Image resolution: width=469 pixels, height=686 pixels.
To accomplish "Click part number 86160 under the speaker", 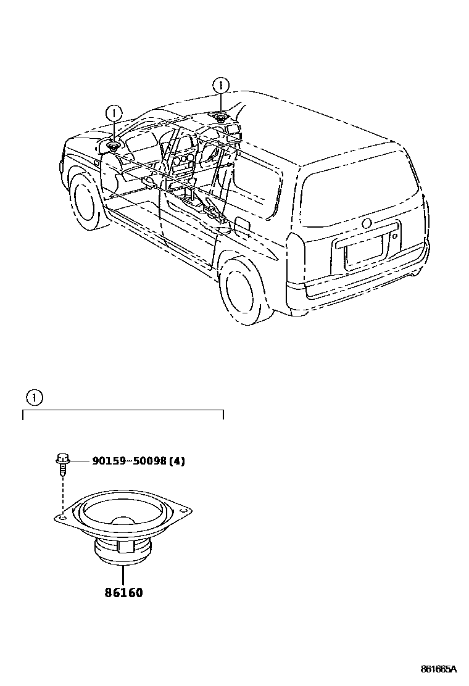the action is (x=123, y=593).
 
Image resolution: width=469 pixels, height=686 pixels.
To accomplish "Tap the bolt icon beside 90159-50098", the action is (x=62, y=463).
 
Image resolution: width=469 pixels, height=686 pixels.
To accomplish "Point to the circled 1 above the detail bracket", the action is (x=35, y=398).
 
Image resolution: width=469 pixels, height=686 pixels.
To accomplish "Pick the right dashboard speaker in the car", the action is (x=221, y=117).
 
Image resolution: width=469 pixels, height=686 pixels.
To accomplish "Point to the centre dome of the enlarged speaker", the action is (x=123, y=522).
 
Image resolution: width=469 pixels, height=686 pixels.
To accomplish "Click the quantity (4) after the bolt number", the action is (x=178, y=461).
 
